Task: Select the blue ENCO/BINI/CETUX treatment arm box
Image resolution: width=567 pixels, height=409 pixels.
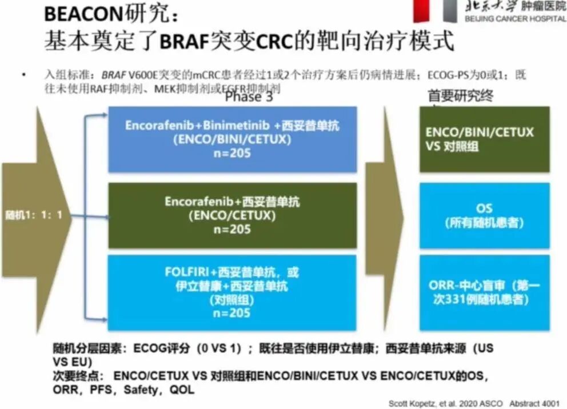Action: click(x=232, y=139)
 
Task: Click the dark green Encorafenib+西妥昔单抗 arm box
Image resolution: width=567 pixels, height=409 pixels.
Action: click(x=232, y=215)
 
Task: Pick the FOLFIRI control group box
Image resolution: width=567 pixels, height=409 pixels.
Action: click(x=232, y=292)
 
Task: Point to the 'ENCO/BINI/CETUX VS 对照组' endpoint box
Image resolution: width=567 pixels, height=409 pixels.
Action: click(x=484, y=139)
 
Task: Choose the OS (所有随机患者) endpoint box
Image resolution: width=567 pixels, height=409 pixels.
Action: click(x=484, y=215)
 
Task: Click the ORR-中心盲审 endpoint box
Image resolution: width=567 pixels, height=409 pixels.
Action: click(x=484, y=292)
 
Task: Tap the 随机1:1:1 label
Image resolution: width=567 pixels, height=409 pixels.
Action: click(x=34, y=216)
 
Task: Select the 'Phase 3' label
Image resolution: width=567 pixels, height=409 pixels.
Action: click(x=249, y=97)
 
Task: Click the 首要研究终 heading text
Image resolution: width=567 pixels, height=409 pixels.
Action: click(x=460, y=96)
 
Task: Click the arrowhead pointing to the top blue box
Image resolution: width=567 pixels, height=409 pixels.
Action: click(x=103, y=115)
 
